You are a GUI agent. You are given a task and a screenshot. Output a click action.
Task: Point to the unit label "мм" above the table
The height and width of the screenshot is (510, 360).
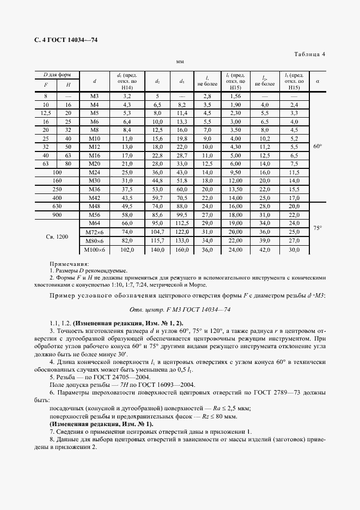(180, 63)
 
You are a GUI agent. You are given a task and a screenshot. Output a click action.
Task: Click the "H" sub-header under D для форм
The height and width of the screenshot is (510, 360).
(68, 85)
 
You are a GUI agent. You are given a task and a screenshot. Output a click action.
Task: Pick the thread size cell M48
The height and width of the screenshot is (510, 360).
(94, 207)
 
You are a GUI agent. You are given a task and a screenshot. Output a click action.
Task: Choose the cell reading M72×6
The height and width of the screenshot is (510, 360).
(94, 232)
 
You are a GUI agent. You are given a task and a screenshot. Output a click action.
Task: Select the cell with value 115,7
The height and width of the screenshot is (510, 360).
(157, 241)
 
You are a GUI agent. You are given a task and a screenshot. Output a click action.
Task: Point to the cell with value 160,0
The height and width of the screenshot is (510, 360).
(182, 250)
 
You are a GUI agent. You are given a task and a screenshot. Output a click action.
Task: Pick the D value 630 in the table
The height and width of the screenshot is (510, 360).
(57, 207)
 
